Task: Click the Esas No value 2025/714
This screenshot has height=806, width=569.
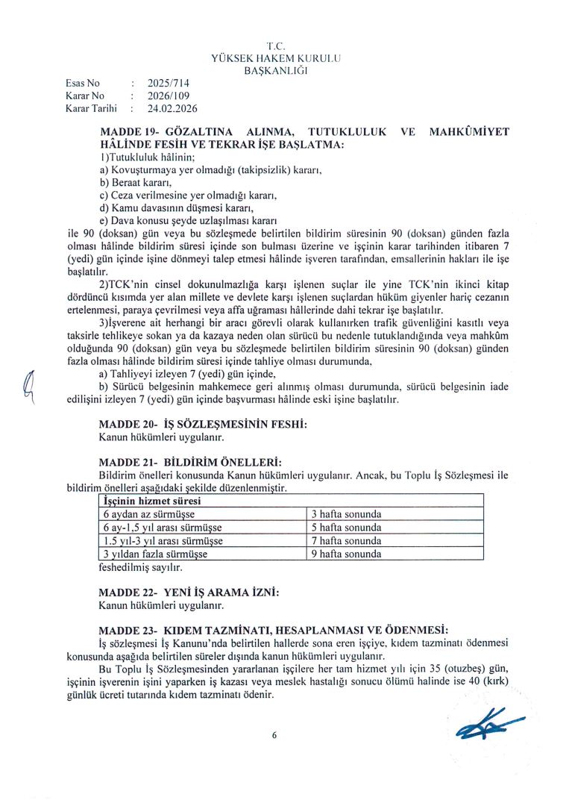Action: (x=169, y=84)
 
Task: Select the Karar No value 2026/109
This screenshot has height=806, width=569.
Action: (x=169, y=96)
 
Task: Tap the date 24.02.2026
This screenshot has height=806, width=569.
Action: (x=172, y=108)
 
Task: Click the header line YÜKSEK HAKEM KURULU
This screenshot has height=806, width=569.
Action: (x=276, y=59)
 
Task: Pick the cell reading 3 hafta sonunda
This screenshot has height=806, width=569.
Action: (x=346, y=514)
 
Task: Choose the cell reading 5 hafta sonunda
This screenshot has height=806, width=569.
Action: (x=346, y=528)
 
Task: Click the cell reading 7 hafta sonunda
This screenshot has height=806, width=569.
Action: (x=346, y=540)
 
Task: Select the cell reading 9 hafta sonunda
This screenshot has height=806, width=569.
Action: (x=346, y=554)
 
